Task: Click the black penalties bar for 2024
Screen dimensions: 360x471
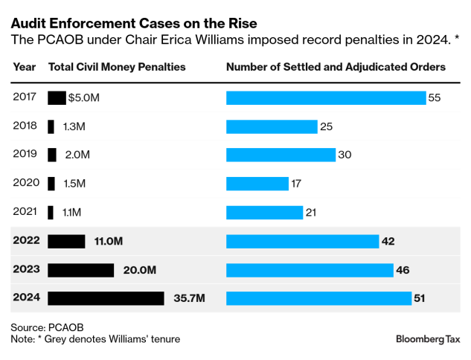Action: click(x=106, y=298)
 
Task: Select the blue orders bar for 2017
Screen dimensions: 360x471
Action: click(x=325, y=97)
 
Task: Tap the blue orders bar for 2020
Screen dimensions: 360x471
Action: click(x=257, y=184)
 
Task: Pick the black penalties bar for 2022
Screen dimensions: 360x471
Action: click(x=66, y=241)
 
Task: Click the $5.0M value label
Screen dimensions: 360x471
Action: click(x=83, y=97)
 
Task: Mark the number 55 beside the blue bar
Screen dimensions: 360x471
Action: click(x=435, y=97)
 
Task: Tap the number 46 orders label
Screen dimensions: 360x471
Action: click(x=403, y=270)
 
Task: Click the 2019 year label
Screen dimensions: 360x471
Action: click(x=25, y=155)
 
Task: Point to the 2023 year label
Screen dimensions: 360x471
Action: click(x=27, y=270)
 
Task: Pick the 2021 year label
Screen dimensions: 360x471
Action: click(x=25, y=213)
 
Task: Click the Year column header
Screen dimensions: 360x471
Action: click(x=24, y=67)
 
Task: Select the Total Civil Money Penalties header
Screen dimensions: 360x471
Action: click(x=117, y=67)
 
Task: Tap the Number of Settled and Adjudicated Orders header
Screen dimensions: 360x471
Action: click(x=336, y=67)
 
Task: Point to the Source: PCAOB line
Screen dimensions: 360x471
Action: click(x=46, y=327)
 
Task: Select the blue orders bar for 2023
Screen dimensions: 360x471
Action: click(x=309, y=270)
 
